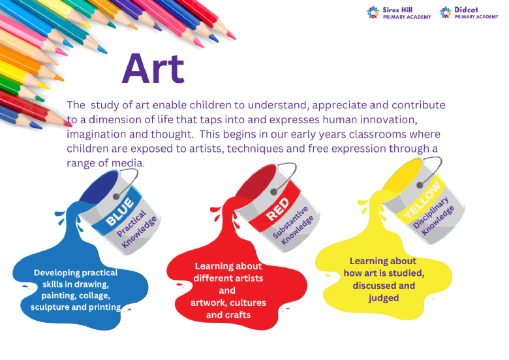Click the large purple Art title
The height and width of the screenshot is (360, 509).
tap(153, 68)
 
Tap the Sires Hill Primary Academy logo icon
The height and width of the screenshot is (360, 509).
tap(373, 12)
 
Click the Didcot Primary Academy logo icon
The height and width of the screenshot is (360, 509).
tap(445, 12)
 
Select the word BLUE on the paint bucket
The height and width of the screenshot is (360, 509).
tap(120, 212)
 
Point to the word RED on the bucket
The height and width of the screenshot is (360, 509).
tap(277, 210)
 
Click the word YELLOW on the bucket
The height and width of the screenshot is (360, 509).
tap(422, 200)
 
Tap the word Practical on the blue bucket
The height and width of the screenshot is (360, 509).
tap(131, 224)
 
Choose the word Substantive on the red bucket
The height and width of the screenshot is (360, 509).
tap(290, 222)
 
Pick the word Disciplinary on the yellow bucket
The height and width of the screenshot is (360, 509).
tap(431, 213)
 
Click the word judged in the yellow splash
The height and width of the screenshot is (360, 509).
tap(383, 298)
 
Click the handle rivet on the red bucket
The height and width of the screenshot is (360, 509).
tap(273, 192)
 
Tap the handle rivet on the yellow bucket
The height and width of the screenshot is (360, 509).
tap(420, 185)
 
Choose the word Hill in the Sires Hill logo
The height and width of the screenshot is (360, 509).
tap(405, 10)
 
